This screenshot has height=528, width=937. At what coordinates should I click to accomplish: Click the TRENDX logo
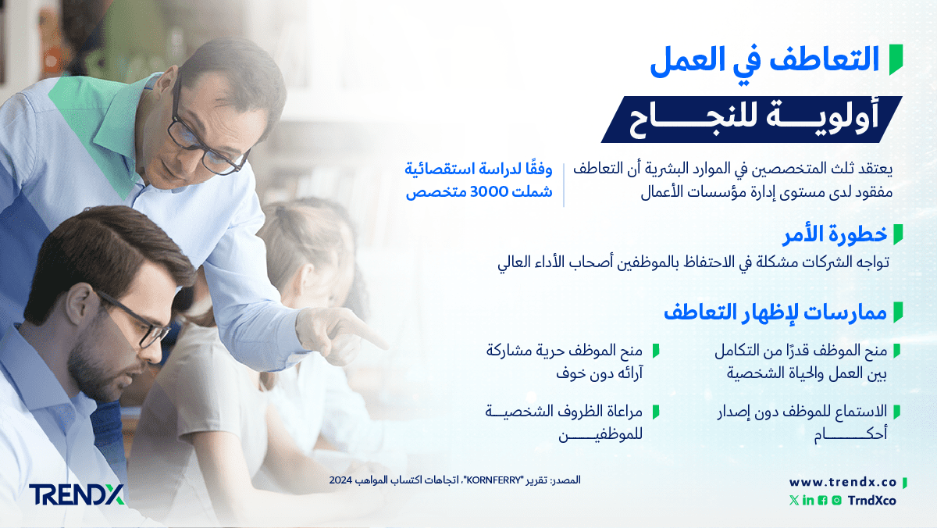[x=77, y=494]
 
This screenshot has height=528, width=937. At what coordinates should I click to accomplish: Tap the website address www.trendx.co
[x=843, y=483]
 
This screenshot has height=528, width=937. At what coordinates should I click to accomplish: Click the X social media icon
[x=794, y=501]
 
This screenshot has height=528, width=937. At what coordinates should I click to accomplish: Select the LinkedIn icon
[x=808, y=501]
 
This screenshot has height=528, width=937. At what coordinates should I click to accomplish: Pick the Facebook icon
[x=822, y=501]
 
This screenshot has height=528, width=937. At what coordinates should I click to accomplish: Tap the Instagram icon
[x=836, y=501]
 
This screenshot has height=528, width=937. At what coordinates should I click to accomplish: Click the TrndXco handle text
[x=871, y=501]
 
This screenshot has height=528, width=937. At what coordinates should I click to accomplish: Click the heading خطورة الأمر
[x=835, y=234]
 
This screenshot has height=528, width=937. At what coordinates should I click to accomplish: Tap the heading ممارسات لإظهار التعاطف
[x=775, y=312]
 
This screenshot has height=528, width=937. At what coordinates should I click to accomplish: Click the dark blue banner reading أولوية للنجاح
[x=752, y=120]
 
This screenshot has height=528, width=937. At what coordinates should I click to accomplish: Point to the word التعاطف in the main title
[x=824, y=59]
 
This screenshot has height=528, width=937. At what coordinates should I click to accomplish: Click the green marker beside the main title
[x=896, y=59]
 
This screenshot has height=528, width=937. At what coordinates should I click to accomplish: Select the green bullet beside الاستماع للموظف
[x=897, y=412]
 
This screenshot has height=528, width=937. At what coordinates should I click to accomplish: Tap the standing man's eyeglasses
[x=200, y=133]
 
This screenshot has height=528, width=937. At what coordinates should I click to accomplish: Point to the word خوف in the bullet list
[x=571, y=373]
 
